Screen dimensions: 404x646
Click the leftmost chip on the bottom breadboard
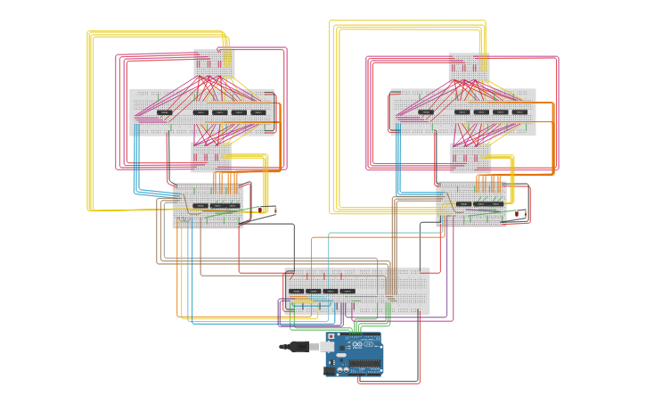coord(296,291)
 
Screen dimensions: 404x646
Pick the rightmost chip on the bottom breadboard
coord(348,291)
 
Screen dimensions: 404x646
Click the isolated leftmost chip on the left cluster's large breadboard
coord(165,112)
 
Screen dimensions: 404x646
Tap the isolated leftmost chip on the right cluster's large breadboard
coord(426,112)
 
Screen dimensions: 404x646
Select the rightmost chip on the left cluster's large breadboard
coord(258,112)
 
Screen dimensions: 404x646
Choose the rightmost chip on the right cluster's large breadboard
coord(519,112)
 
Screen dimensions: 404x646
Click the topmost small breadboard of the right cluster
coord(469,65)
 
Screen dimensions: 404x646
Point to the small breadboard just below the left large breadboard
coord(211,158)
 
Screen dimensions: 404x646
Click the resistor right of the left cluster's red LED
coord(274,210)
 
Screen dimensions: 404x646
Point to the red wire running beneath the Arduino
coord(388,383)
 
